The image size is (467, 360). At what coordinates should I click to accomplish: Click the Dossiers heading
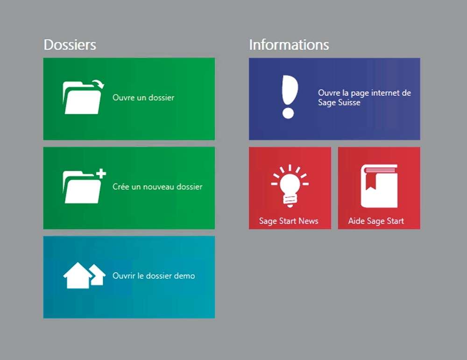70,45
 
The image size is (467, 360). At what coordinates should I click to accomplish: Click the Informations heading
289,45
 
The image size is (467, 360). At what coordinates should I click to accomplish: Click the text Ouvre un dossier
143,98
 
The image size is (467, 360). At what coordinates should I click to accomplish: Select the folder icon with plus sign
84,186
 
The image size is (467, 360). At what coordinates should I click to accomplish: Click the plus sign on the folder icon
101,173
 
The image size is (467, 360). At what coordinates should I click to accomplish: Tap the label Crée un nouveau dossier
157,187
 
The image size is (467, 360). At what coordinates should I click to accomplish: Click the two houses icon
84,275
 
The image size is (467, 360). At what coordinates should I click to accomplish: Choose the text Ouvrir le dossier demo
154,276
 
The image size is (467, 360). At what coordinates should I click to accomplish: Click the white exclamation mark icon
289,97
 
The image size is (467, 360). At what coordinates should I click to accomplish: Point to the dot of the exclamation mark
288,113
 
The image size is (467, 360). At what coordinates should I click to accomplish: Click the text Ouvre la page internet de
364,93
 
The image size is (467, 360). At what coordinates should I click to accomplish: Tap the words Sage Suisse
339,103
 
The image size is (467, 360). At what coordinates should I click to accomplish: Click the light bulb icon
290,185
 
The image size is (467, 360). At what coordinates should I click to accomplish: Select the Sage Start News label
289,221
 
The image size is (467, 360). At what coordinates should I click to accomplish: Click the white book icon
379,186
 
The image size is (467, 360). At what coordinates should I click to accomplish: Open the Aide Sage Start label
376,221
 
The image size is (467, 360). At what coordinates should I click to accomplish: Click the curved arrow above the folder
98,84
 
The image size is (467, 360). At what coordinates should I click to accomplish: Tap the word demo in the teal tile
184,276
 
